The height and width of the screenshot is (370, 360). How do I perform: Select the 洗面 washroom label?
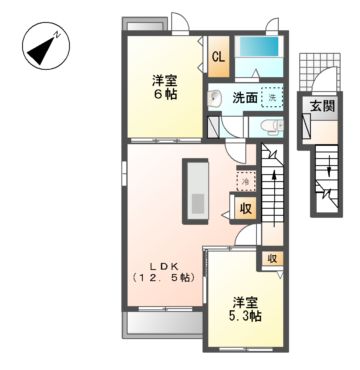(245, 98)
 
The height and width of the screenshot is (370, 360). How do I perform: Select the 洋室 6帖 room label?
(165, 88)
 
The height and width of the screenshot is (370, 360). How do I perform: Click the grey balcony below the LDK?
(160, 322)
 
